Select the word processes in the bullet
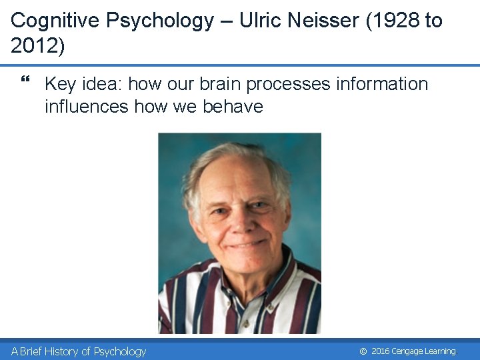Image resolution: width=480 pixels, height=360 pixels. (288, 84)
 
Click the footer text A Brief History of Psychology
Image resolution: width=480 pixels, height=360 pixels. (79, 351)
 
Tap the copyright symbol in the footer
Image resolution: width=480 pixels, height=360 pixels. (363, 351)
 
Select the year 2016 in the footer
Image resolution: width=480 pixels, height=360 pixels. (380, 351)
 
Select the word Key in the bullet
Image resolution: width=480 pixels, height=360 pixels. (61, 84)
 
